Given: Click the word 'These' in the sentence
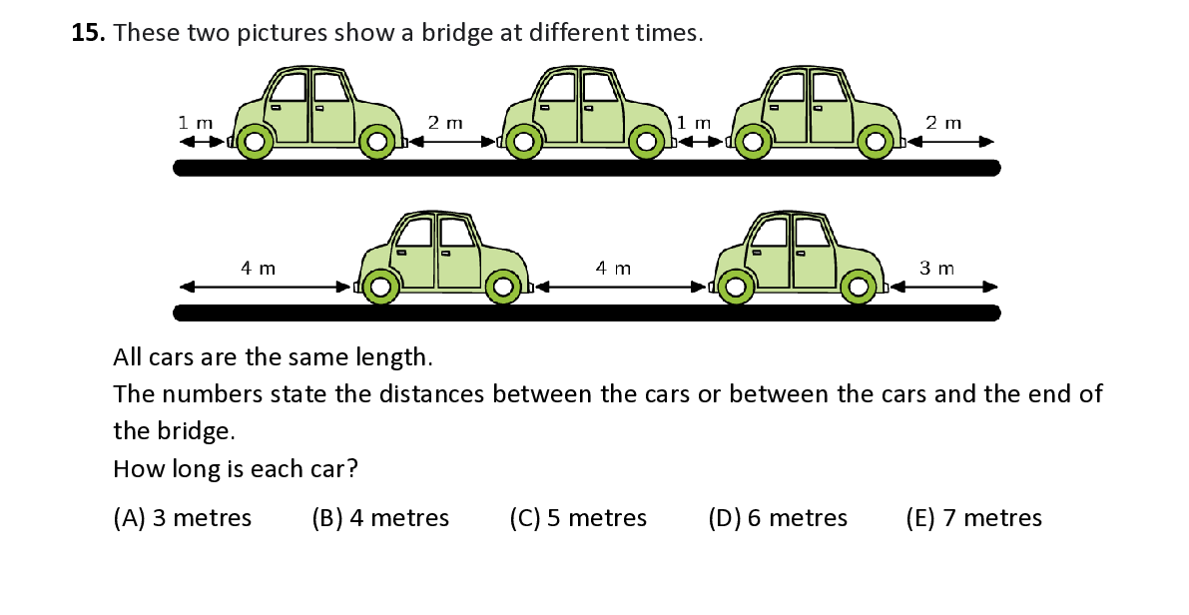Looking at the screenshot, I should pos(147,33).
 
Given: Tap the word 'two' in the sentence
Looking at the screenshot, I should pos(208,33).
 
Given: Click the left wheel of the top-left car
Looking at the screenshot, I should pos(255,142).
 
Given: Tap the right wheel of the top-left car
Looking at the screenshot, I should pos(377,142).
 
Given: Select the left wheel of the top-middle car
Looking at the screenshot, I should pos(523,142).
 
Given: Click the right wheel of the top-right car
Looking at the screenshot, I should pos(876,142).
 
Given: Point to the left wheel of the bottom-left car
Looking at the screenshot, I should pos(380,288).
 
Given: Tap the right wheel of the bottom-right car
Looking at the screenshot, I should pos(858,288).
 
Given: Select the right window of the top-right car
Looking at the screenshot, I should pos(829,88).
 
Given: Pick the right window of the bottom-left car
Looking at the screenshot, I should pos(456,234).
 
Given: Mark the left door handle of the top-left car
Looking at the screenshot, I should pos(275,107).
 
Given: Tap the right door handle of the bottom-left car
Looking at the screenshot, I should pos(445,253).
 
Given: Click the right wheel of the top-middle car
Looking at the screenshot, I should pos(646,142).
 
